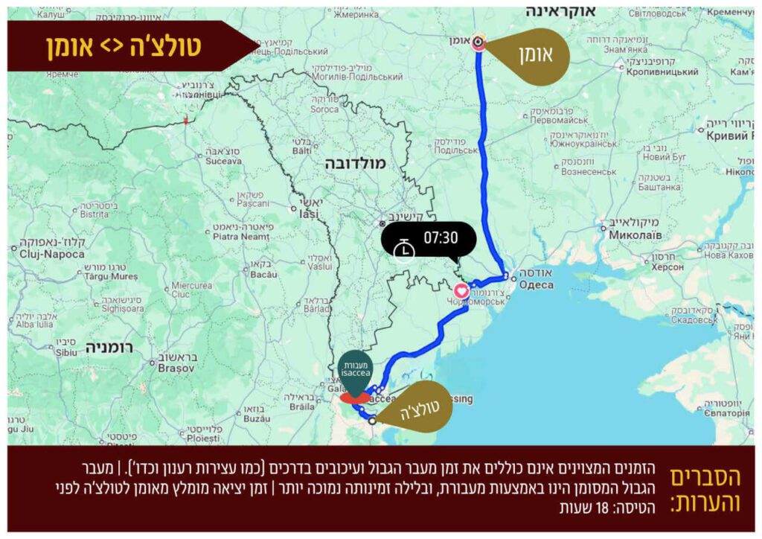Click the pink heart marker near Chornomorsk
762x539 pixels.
461,290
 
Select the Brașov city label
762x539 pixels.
176,368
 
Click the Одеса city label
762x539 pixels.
536,285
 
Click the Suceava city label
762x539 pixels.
223,160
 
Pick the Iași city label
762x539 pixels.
308,214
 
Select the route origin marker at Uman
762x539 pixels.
480,42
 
